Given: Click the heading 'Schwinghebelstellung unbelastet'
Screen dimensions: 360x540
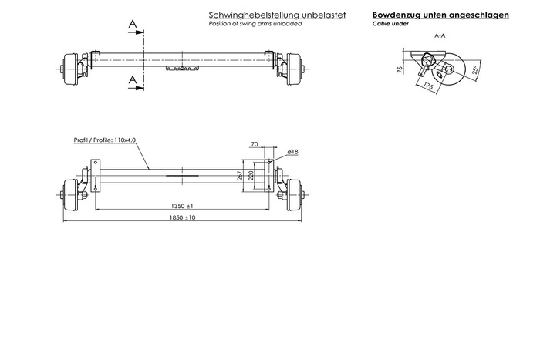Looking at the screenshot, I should tap(277, 15).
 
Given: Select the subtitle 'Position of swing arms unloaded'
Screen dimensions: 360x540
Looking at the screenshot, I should tap(255, 25).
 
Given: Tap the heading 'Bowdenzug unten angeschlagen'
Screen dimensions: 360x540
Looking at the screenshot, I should tap(440, 15).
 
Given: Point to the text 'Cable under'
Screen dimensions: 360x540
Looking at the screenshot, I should tap(390, 25).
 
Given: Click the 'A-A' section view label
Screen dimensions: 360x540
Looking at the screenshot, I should tap(440, 35).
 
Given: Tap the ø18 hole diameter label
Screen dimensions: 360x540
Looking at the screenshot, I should tap(293, 152).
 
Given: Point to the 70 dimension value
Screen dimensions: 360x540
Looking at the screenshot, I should tap(255, 144).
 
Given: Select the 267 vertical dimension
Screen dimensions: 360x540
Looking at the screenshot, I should tap(240, 177).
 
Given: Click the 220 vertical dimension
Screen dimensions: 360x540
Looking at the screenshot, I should tap(251, 177).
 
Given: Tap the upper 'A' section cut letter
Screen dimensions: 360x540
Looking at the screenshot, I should tap(133, 25).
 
